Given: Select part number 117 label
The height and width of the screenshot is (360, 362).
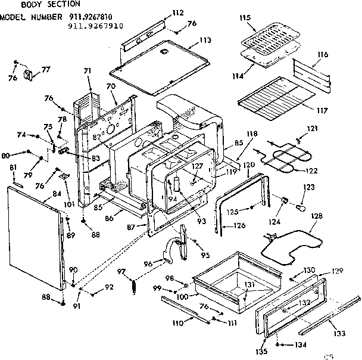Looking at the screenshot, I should (x=323, y=111).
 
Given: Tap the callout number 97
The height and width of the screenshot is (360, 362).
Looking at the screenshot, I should (x=121, y=272).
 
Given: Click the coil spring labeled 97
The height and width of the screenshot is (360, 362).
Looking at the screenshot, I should (x=135, y=285).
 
